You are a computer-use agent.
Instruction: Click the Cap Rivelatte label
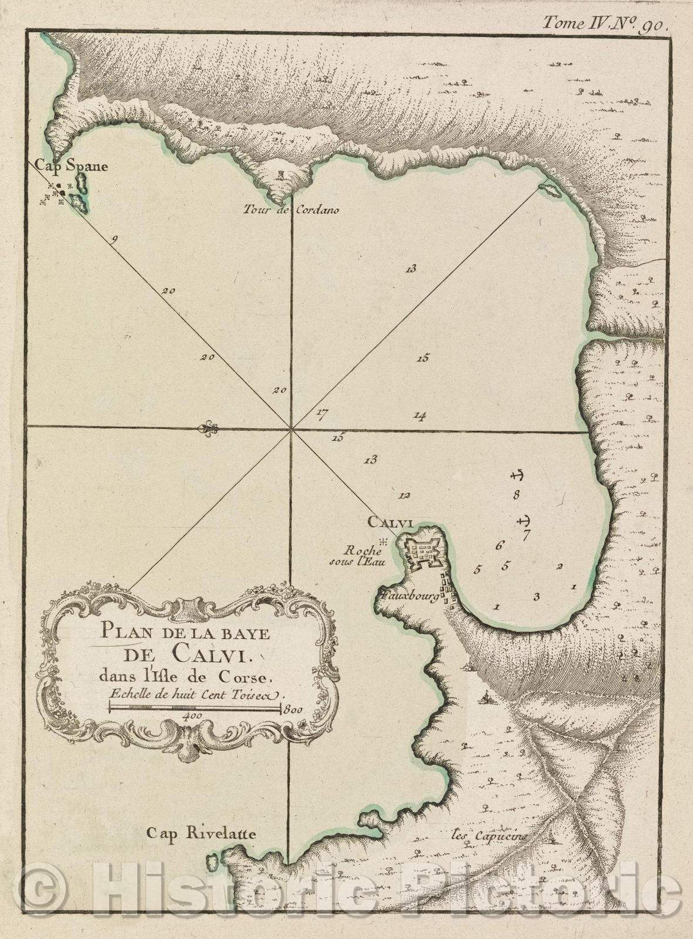pyautogui.click(x=201, y=834)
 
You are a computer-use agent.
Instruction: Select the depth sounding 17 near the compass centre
pyautogui.click(x=321, y=414)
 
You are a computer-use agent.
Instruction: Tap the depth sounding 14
pyautogui.click(x=420, y=417)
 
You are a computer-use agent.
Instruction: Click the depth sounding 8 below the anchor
pyautogui.click(x=515, y=494)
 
